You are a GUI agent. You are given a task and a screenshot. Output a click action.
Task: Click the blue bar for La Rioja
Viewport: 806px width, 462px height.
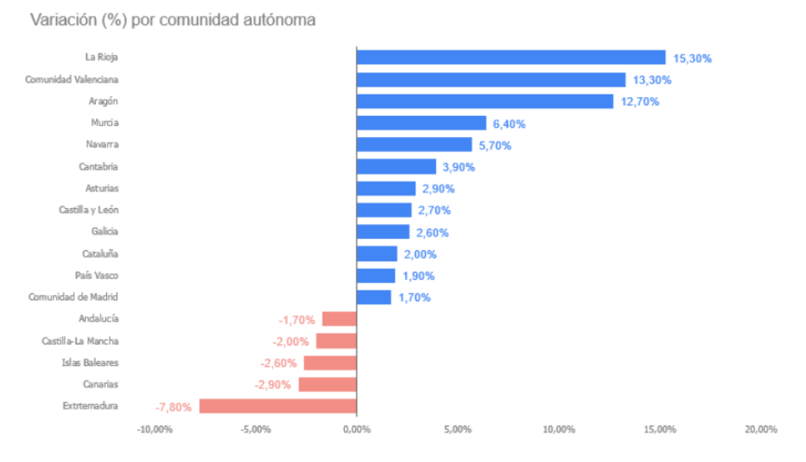tap(511, 58)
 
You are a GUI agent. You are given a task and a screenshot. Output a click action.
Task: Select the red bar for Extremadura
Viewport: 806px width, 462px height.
tap(278, 406)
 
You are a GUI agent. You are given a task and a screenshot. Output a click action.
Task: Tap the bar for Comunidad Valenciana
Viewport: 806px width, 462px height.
tap(491, 80)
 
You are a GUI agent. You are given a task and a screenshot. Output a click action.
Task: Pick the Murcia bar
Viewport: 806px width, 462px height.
tap(421, 123)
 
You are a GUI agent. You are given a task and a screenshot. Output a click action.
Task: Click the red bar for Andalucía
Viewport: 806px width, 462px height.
tap(339, 319)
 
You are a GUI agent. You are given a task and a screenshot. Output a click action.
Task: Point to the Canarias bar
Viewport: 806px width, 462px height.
tap(327, 384)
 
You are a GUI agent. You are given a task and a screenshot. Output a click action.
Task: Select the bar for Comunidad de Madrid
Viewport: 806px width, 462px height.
tap(374, 297)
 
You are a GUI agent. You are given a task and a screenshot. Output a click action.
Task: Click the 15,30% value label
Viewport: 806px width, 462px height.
tap(693, 58)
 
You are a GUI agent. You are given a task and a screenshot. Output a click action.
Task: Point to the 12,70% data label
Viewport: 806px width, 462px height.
tap(640, 102)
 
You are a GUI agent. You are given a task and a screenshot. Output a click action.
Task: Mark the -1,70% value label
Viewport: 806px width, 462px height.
tap(297, 319)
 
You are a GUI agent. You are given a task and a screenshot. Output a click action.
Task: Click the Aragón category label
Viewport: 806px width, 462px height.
tap(103, 101)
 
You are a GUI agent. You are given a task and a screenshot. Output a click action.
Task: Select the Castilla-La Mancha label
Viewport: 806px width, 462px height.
tap(80, 341)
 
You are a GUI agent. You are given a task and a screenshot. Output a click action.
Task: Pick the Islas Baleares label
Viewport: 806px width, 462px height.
tap(90, 363)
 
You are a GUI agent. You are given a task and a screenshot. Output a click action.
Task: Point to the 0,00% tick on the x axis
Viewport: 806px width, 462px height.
tap(357, 430)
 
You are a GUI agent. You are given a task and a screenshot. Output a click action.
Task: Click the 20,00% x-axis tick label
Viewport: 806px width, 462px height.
tap(760, 430)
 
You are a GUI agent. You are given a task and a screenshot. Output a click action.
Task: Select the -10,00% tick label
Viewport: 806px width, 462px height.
tap(154, 430)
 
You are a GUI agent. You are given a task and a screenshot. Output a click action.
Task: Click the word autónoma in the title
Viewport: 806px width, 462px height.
tap(282, 20)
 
